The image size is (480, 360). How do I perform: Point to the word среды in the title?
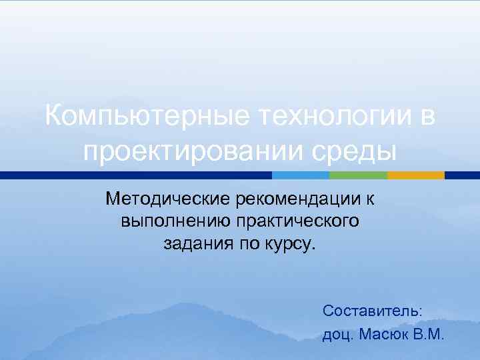(360, 152)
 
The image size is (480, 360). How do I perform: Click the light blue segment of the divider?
(301, 175)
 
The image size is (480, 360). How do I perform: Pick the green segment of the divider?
(358, 175)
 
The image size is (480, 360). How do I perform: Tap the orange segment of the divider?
(416, 175)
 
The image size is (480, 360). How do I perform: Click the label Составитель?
(372, 311)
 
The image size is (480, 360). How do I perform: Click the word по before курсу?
(246, 244)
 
